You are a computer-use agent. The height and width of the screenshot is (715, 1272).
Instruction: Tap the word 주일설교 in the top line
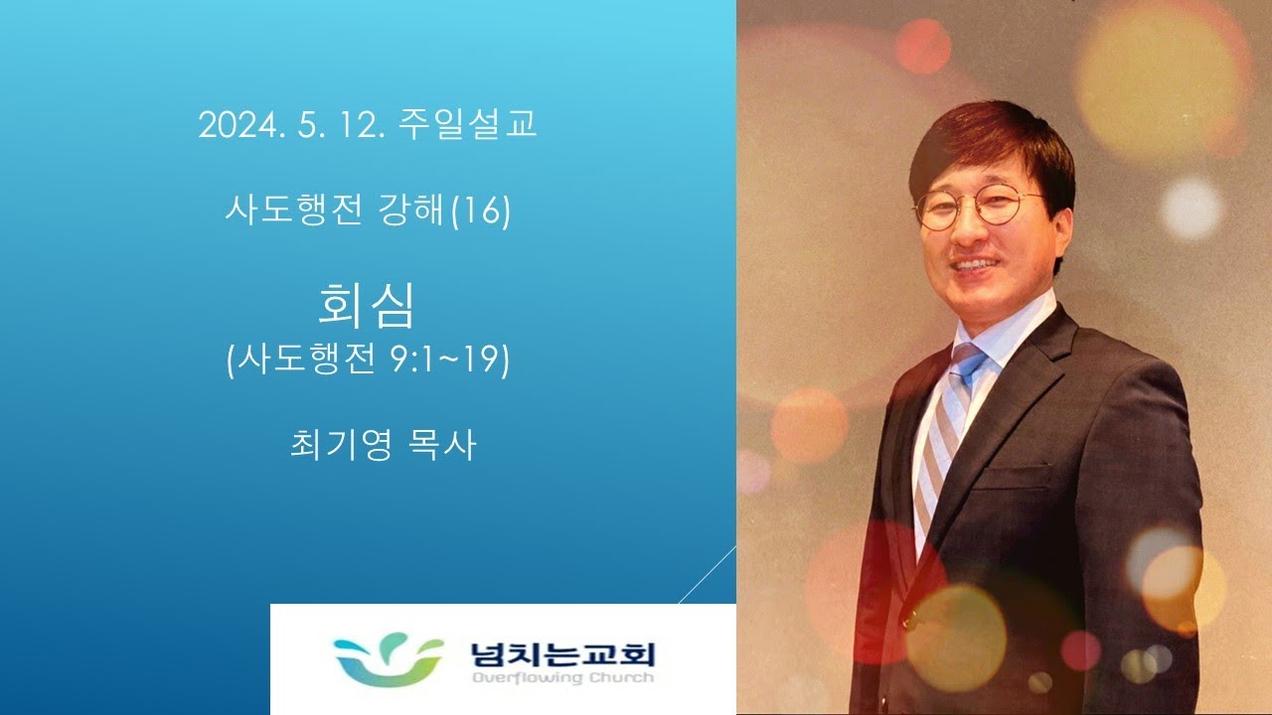[467, 124]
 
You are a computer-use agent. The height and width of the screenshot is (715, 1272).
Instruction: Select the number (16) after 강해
[480, 212]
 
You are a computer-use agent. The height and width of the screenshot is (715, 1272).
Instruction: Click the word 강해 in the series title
[409, 210]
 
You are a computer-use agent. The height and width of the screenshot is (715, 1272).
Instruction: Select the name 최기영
[341, 445]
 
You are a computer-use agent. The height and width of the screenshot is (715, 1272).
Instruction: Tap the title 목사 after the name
[441, 445]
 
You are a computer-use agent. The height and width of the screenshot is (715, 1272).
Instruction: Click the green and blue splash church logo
[389, 659]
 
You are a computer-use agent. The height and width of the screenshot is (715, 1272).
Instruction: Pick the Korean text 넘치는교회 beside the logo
[562, 654]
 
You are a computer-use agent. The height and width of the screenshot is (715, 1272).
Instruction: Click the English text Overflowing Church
[562, 677]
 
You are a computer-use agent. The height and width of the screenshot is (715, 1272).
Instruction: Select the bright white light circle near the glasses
[1191, 208]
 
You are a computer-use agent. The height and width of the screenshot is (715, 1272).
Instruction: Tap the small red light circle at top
[923, 47]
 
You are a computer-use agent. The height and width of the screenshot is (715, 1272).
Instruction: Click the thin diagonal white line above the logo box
[708, 574]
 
